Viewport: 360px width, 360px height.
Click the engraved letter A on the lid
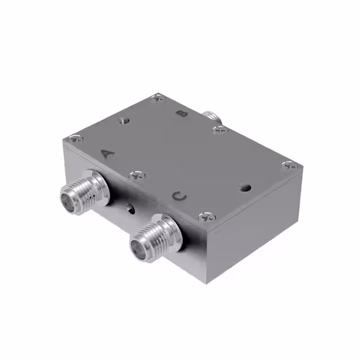(107, 153)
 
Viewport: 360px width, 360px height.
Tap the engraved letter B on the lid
(182, 114)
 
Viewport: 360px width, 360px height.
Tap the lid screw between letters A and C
(137, 176)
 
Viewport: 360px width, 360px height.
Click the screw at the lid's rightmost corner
(289, 165)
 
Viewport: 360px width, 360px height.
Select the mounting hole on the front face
(130, 209)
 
